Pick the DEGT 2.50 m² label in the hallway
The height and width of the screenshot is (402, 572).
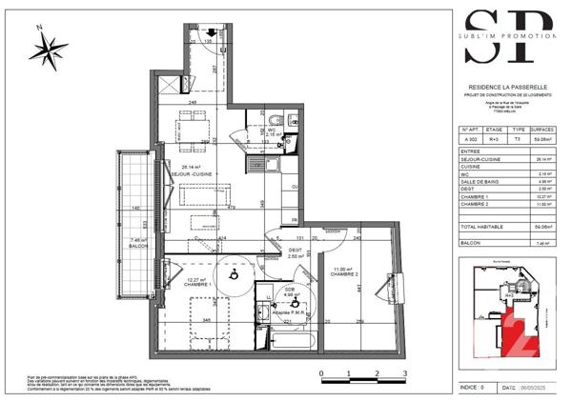coord(296,253)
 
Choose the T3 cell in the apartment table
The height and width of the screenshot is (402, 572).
coord(518,138)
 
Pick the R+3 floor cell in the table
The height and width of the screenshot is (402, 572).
coord(494,138)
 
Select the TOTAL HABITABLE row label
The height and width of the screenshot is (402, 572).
coord(482,228)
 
